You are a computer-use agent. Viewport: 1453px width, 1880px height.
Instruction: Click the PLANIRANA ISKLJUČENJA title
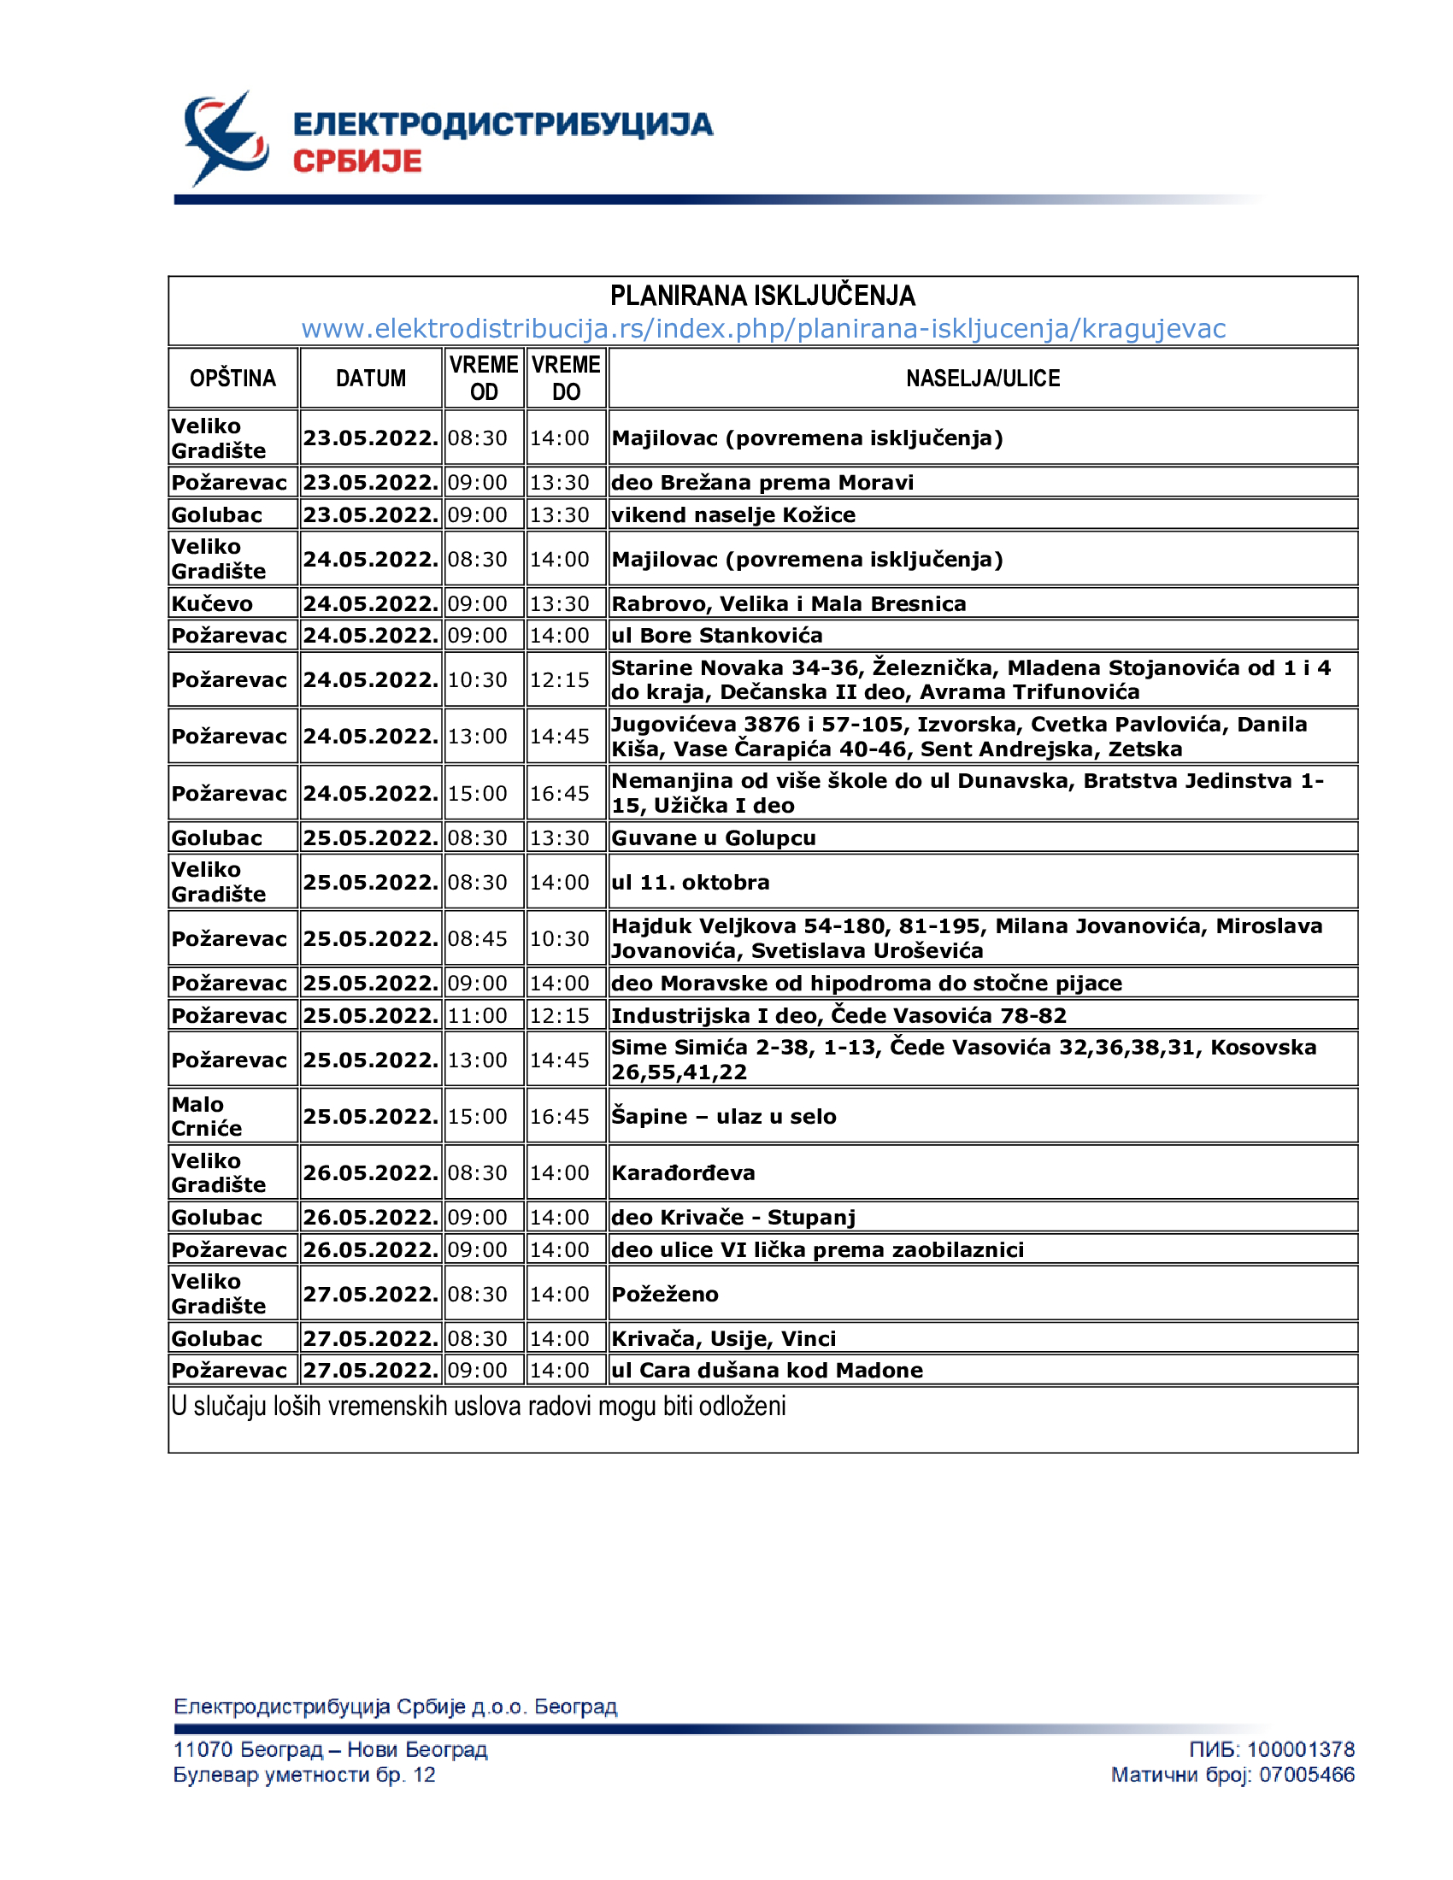[x=762, y=297]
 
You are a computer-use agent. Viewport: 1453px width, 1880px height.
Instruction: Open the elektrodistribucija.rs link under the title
[x=762, y=329]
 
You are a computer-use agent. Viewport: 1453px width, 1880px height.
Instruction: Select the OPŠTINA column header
[x=232, y=378]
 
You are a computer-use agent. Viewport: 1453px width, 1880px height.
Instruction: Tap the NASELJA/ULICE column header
[x=982, y=378]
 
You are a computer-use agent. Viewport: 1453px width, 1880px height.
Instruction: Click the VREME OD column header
[x=483, y=378]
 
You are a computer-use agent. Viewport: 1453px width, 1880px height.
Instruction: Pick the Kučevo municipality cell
[x=213, y=603]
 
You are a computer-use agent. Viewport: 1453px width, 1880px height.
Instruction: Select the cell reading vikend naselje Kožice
[x=733, y=514]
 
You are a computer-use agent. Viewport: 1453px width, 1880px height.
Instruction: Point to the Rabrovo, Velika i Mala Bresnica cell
[x=789, y=603]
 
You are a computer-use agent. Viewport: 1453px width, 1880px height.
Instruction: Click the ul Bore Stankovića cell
[x=717, y=635]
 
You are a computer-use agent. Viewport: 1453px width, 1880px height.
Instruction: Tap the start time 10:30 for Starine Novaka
[x=477, y=680]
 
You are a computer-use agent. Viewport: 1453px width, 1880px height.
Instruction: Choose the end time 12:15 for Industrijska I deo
[x=560, y=1016]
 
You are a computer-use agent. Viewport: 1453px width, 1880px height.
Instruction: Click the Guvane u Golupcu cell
[x=714, y=837]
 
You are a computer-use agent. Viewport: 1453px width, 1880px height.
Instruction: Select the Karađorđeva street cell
[x=684, y=1172]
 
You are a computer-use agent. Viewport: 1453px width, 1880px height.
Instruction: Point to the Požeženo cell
[x=664, y=1294]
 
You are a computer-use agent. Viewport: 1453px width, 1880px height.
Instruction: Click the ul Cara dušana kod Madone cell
[x=767, y=1371]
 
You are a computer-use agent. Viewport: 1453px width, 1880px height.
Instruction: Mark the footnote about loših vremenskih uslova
[x=479, y=1407]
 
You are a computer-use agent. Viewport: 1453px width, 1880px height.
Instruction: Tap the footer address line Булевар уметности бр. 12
[x=304, y=1775]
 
